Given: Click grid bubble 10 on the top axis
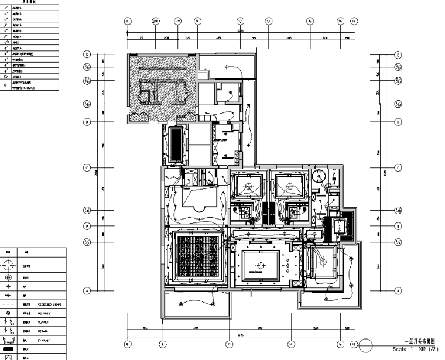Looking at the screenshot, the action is click(198, 21).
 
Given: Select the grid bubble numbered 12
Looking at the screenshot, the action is click(240, 21).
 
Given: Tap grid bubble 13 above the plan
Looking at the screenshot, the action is click(269, 21).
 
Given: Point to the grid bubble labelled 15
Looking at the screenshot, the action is click(309, 21).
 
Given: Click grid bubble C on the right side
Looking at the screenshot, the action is click(399, 168).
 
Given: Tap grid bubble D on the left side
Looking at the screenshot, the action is click(87, 122).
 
